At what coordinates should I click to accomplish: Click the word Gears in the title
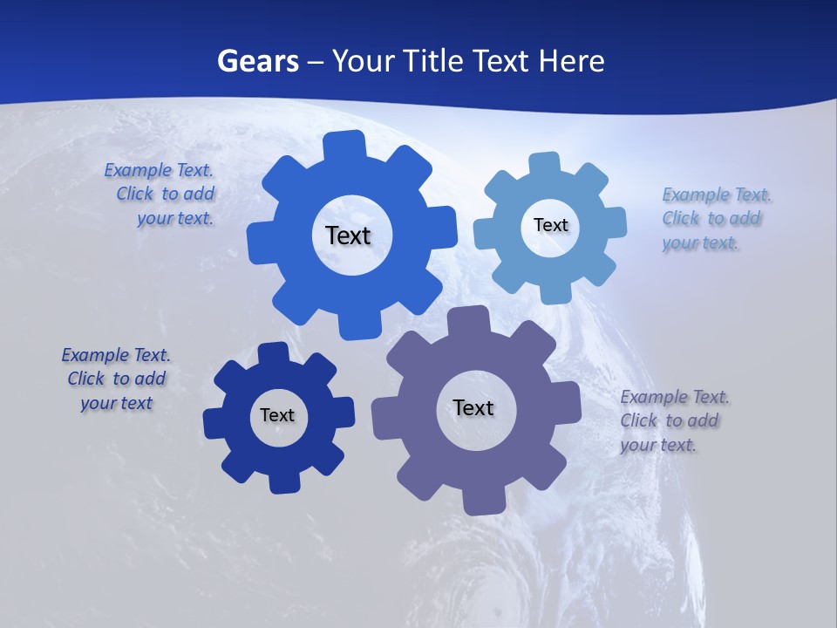pyautogui.click(x=258, y=61)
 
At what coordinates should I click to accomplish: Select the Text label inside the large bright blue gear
pyautogui.click(x=348, y=235)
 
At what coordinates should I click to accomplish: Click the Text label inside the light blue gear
pyautogui.click(x=550, y=225)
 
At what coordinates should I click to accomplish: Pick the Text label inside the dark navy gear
pyautogui.click(x=277, y=415)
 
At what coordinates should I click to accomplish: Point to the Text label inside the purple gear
pyautogui.click(x=473, y=407)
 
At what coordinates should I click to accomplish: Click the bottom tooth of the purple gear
pyautogui.click(x=483, y=501)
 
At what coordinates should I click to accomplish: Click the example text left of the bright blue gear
pyautogui.click(x=162, y=195)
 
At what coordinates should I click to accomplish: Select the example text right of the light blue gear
pyautogui.click(x=713, y=219)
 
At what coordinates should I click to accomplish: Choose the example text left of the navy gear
pyautogui.click(x=116, y=379)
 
